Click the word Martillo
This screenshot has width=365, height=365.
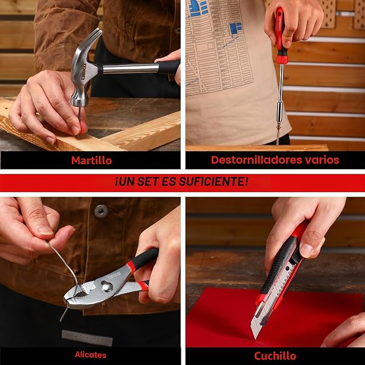(91, 160)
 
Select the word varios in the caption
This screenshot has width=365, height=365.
(322, 160)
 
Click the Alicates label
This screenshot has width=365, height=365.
(90, 355)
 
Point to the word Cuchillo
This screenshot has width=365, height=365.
(275, 356)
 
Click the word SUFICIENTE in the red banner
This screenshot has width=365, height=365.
(212, 181)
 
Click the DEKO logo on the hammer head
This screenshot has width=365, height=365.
(84, 72)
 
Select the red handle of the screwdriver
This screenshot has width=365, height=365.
(280, 34)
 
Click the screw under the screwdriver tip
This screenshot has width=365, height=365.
(278, 136)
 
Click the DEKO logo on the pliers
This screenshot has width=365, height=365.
(115, 276)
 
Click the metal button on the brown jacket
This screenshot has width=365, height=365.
(101, 211)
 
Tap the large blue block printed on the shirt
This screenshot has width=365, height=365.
(236, 28)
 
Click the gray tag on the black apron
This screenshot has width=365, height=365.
(87, 338)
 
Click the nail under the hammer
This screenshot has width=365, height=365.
(79, 121)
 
